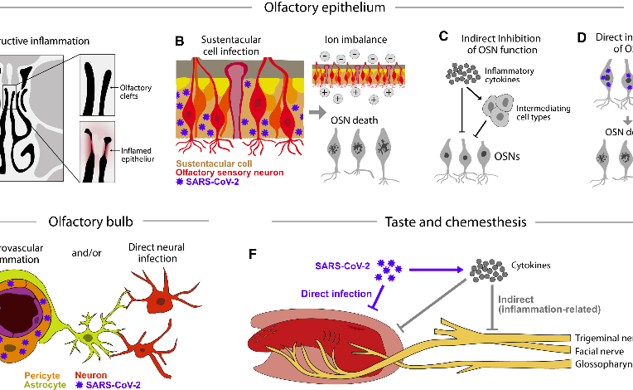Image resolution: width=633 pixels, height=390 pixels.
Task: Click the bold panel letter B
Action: [179, 41]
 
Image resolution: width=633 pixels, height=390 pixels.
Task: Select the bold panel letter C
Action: [443, 37]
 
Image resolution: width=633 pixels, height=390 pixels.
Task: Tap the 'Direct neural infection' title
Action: [157, 252]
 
